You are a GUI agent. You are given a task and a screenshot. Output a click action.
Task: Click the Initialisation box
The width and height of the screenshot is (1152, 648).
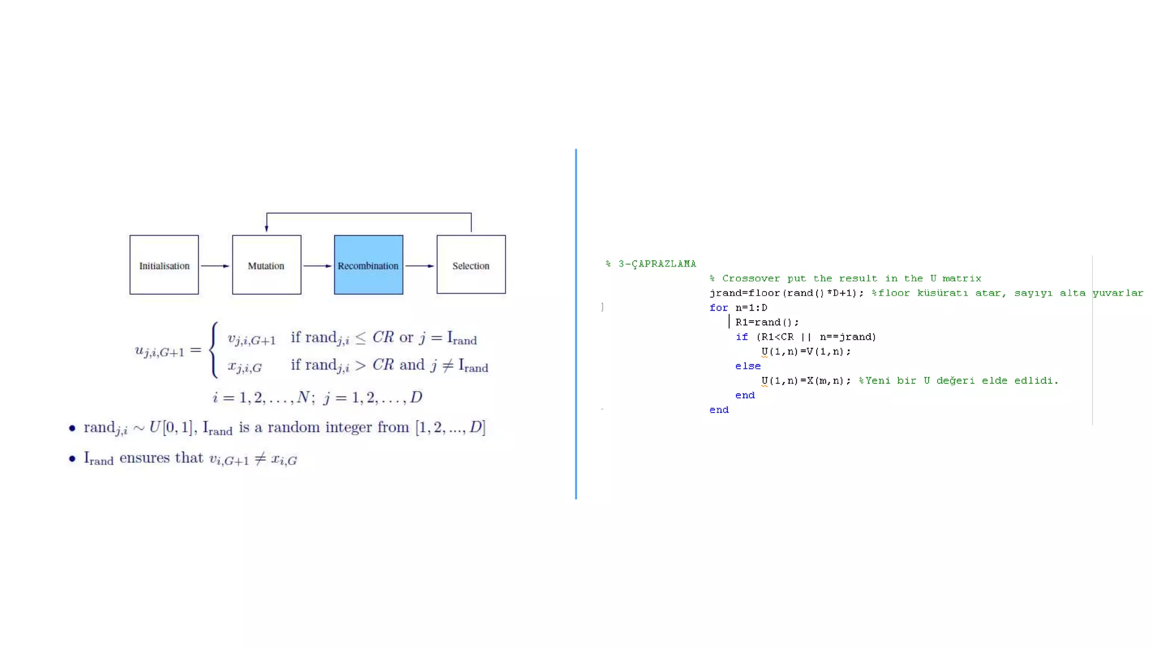pyautogui.click(x=164, y=265)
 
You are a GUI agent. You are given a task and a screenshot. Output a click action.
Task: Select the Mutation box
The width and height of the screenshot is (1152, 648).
pyautogui.click(x=266, y=265)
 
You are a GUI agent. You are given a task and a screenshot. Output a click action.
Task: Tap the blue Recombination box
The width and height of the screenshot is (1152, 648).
pyautogui.click(x=368, y=265)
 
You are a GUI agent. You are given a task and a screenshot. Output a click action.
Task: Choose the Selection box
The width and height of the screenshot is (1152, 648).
pyautogui.click(x=471, y=265)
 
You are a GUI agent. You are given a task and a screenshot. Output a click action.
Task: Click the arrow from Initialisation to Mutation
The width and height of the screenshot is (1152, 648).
pyautogui.click(x=215, y=265)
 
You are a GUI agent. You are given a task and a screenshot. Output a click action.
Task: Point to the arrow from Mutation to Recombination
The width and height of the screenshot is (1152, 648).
pyautogui.click(x=317, y=265)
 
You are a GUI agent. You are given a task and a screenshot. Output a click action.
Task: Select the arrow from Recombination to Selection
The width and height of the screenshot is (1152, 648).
pyautogui.click(x=420, y=265)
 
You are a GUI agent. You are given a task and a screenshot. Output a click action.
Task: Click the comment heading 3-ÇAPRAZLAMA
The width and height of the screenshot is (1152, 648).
pyautogui.click(x=657, y=264)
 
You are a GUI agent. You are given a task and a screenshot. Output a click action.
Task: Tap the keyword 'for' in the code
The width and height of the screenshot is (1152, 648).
pyautogui.click(x=718, y=308)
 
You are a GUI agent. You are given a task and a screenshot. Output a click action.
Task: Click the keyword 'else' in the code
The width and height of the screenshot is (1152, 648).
pyautogui.click(x=748, y=366)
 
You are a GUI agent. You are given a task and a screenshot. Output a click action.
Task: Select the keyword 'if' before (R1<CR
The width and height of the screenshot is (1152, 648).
pyautogui.click(x=741, y=337)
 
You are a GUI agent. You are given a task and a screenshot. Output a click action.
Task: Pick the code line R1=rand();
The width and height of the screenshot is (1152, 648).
pyautogui.click(x=767, y=322)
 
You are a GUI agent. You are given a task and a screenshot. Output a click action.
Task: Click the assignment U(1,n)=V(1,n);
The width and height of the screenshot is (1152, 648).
pyautogui.click(x=806, y=352)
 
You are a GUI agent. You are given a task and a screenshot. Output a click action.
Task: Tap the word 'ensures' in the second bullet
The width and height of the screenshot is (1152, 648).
pyautogui.click(x=145, y=458)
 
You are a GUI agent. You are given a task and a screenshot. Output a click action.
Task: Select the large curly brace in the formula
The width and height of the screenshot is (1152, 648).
pyautogui.click(x=214, y=349)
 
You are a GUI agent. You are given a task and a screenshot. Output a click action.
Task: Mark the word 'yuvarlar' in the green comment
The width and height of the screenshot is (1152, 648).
pyautogui.click(x=1118, y=293)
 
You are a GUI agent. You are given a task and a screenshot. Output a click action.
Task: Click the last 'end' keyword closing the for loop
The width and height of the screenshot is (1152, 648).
pyautogui.click(x=719, y=410)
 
